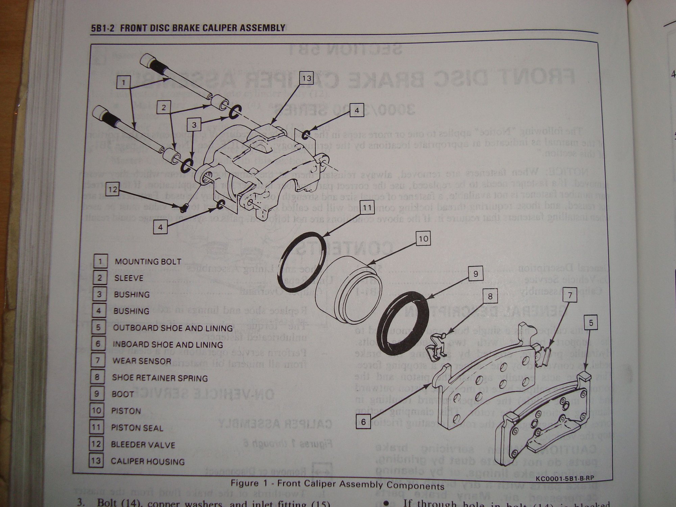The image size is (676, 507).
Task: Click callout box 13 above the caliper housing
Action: click(x=307, y=79)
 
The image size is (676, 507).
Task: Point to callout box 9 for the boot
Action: click(x=476, y=274)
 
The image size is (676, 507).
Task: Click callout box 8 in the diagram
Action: click(x=490, y=297)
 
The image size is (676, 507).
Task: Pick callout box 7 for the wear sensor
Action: click(x=570, y=296)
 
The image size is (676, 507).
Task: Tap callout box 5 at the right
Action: click(x=591, y=323)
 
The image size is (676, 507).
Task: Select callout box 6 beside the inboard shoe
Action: click(x=363, y=422)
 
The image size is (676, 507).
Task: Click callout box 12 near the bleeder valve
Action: click(x=113, y=190)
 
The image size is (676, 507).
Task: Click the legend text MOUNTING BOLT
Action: click(x=148, y=262)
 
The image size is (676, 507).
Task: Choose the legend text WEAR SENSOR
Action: click(x=142, y=361)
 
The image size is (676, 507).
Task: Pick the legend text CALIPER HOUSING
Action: click(x=148, y=461)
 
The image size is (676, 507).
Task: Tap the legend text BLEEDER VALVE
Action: click(x=143, y=444)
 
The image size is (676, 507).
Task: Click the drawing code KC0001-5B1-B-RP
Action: click(x=564, y=479)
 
